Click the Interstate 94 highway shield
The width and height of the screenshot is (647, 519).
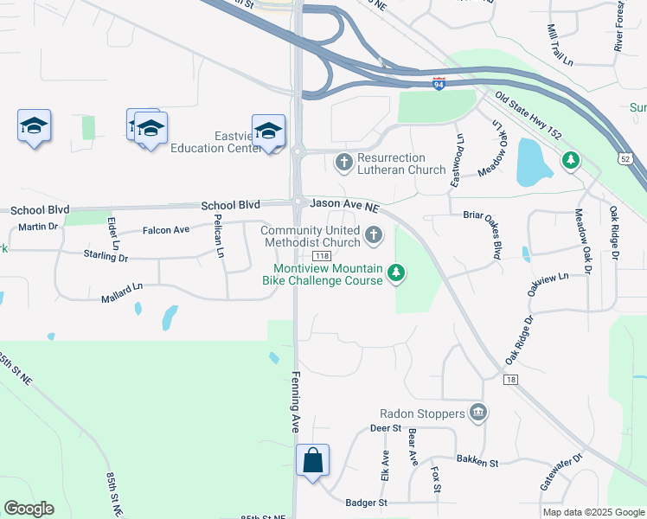439,84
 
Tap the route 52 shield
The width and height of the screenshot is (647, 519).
625,158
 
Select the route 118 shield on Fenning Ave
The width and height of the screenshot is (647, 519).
322,256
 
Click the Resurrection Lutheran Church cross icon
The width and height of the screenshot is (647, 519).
344,161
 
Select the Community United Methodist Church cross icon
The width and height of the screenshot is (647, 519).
374,234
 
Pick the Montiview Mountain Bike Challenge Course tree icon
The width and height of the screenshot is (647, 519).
396,273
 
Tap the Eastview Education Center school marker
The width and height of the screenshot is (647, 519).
268,131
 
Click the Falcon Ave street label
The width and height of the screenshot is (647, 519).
164,229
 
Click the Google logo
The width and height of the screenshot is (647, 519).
29,509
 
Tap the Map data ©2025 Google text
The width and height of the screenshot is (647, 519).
593,512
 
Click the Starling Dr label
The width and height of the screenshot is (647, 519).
106,257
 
